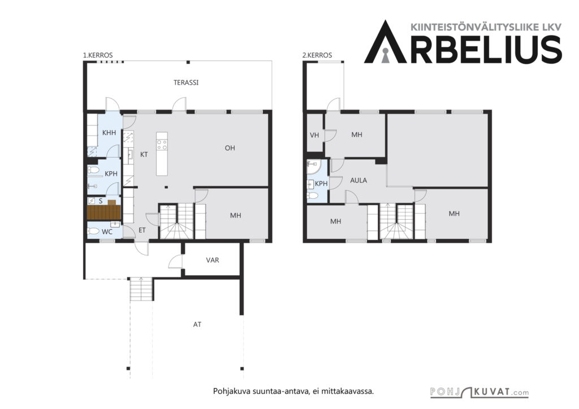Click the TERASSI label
point(186,82)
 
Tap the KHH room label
point(109,132)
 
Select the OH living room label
point(230,148)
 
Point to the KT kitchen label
point(144,155)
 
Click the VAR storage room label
point(213,260)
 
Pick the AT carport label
point(197,324)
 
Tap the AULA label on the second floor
point(358,180)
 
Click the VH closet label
point(314,135)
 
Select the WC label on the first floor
point(107,232)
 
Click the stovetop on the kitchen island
point(162,144)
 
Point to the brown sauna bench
point(104,212)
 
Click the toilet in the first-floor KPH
point(93,170)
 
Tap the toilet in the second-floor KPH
point(312,195)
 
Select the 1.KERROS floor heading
point(98,55)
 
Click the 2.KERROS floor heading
point(317,55)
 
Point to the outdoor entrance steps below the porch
point(141,289)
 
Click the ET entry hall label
point(142,230)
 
